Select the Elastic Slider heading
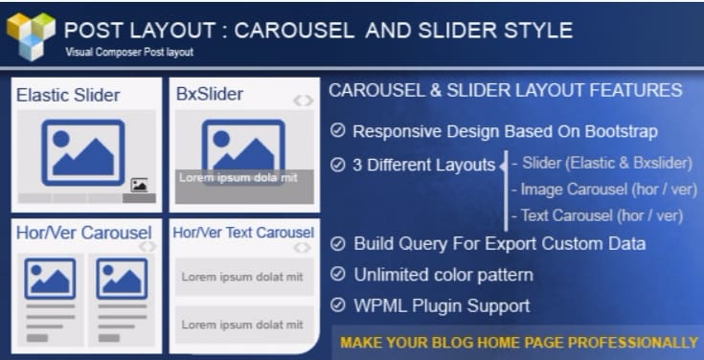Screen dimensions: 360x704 [x=68, y=95]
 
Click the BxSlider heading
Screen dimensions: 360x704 [x=210, y=94]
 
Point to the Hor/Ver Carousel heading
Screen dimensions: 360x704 [x=83, y=233]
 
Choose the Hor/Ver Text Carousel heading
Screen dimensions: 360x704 [x=243, y=233]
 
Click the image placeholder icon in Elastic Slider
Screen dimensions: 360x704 [x=82, y=150]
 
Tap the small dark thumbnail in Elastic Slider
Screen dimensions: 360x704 [x=139, y=185]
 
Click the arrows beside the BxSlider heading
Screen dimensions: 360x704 [x=302, y=100]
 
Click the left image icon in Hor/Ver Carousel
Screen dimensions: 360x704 [x=50, y=279]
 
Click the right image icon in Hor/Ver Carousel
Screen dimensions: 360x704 [x=122, y=279]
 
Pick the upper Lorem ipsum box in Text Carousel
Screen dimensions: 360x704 [x=242, y=277]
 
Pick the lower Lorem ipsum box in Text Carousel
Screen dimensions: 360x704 [x=242, y=324]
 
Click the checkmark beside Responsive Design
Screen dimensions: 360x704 [x=336, y=131]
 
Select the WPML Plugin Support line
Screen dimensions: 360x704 [x=441, y=306]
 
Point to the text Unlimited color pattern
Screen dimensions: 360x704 [x=443, y=276]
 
